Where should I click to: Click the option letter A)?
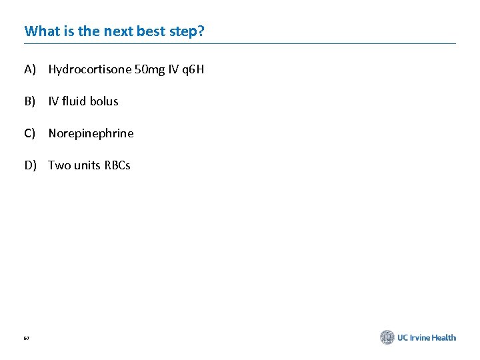[30, 69]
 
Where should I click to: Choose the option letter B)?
[30, 101]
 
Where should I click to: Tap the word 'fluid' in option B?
[73, 101]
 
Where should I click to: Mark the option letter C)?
[30, 133]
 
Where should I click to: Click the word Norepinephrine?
[91, 133]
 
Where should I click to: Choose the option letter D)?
[31, 165]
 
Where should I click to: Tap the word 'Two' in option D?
[59, 165]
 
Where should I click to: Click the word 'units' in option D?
[87, 165]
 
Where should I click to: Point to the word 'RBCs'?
[117, 165]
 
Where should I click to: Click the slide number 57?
[27, 339]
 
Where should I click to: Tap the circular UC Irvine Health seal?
[387, 337]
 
